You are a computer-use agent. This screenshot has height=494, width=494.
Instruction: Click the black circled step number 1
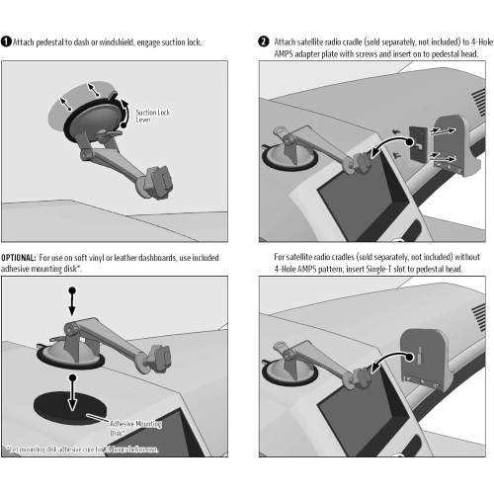(6, 42)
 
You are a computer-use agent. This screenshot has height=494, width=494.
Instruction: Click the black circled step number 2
(264, 42)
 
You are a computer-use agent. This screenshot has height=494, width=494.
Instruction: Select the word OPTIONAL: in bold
(19, 256)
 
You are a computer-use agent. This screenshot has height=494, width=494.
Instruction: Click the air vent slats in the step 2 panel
(478, 104)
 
